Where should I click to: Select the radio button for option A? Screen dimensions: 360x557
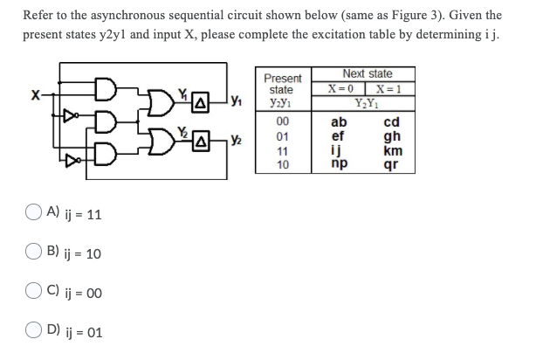coord(32,214)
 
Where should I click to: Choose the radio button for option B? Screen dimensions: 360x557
coord(32,253)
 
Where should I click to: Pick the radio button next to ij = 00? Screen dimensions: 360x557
coord(32,293)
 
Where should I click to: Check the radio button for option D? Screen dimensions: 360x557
coord(32,332)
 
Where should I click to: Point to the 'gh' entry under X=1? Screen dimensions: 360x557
coord(393,135)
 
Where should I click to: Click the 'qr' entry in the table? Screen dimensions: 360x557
coord(393,163)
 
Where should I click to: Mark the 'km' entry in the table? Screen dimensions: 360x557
coord(393,149)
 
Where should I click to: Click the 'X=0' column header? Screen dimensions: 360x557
coord(340,88)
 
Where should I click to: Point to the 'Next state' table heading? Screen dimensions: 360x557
coord(367,74)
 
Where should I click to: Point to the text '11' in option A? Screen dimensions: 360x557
coord(93,215)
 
